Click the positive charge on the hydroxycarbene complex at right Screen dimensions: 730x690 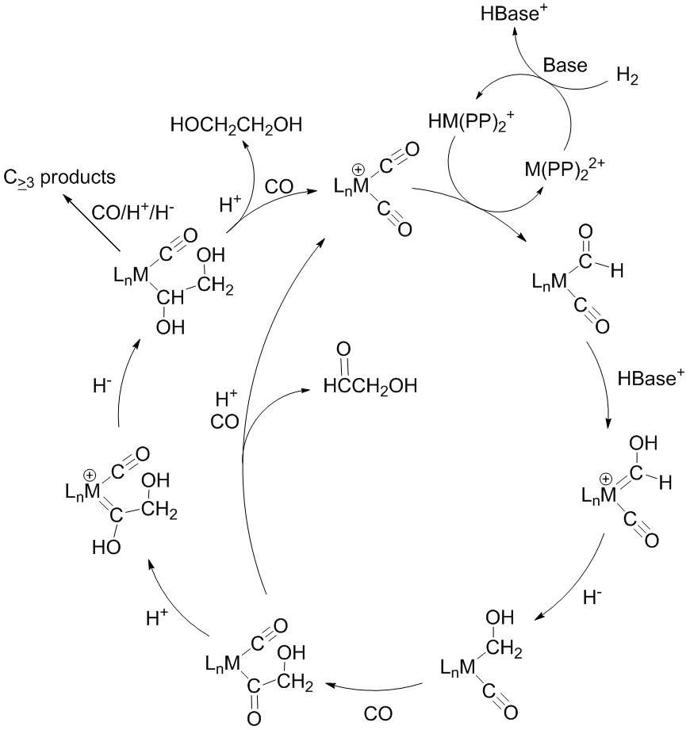tap(606, 478)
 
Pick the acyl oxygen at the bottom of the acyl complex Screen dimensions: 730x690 tap(254, 718)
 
